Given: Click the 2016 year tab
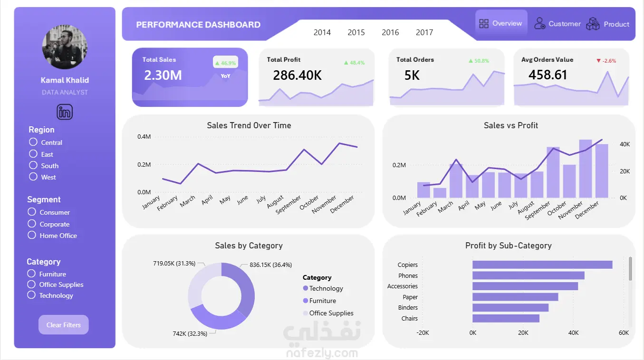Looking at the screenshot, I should (390, 32).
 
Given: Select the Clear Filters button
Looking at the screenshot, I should (63, 325).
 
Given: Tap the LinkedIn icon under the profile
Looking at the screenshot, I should (65, 112).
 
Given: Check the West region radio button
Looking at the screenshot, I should (33, 177).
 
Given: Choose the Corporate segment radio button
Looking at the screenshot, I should (32, 224).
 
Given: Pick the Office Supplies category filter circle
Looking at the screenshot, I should (31, 284).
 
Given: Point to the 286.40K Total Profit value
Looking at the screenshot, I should (297, 75).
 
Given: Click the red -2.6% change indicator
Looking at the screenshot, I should (606, 61).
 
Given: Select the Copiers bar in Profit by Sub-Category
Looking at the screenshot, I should (542, 265).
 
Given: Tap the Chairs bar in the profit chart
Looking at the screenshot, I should (506, 318).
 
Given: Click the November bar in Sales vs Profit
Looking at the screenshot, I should (585, 169).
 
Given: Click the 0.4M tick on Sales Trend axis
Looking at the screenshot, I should (144, 137).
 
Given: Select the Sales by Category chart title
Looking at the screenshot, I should (249, 246).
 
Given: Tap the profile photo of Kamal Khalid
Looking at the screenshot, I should (65, 47).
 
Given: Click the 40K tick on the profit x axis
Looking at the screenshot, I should (573, 333).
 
